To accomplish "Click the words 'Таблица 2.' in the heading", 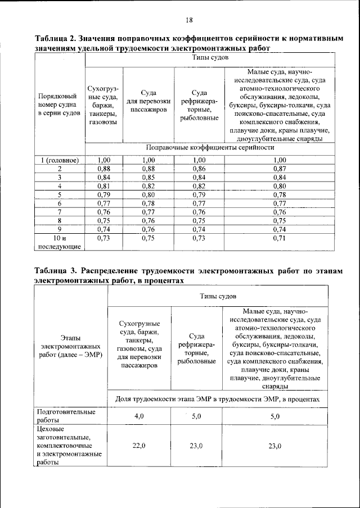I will coord(57,40).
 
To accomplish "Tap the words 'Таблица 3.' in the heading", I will coord(57,270).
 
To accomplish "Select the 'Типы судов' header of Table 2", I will coord(209,58).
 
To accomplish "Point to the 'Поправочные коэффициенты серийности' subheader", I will coord(209,148).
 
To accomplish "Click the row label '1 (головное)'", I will coord(60,160).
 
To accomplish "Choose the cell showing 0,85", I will coord(148,178).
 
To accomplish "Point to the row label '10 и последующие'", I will coord(60,242).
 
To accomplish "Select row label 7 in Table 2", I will coord(60,212).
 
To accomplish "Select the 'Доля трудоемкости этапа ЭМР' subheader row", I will coord(217,398).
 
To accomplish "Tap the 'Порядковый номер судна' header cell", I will coord(60,105).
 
